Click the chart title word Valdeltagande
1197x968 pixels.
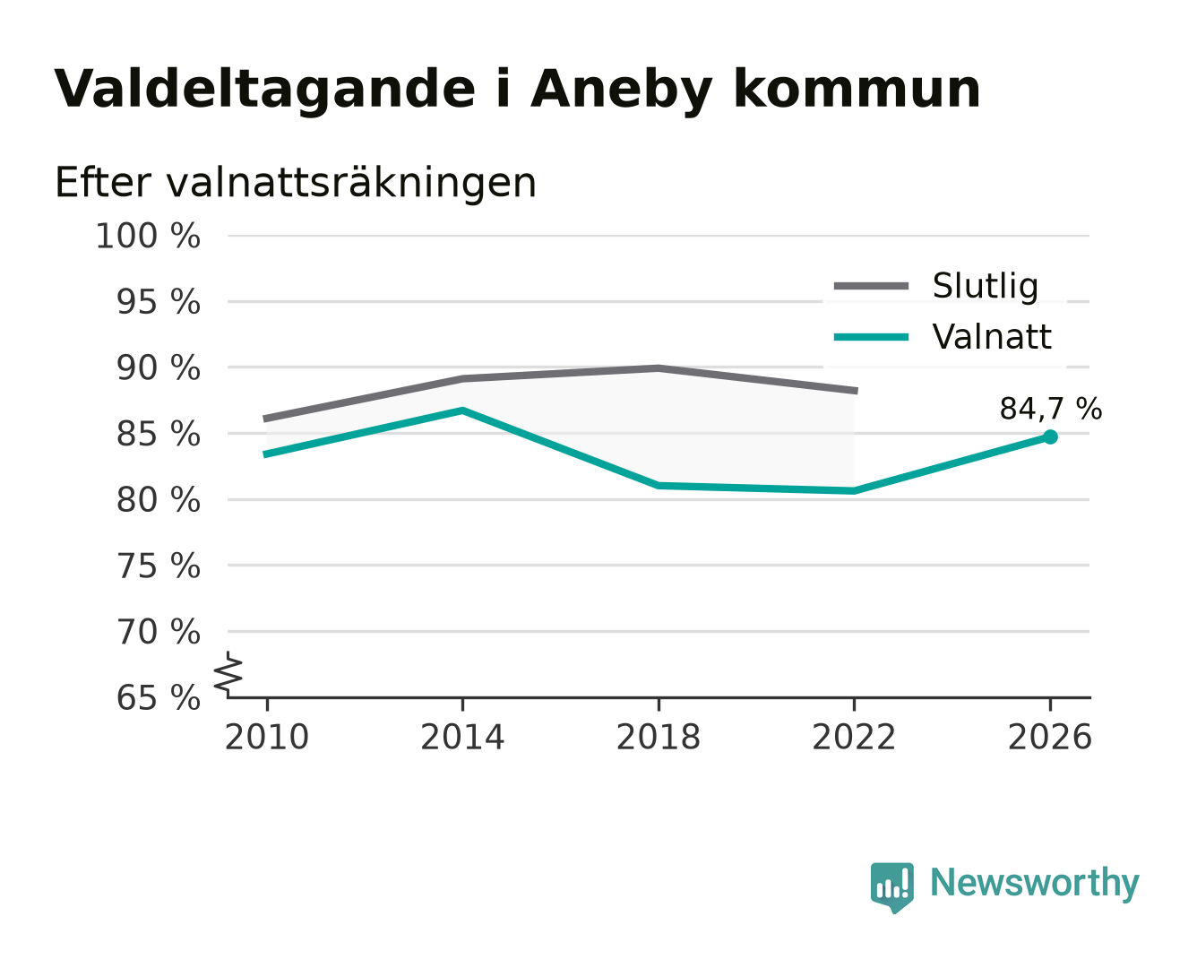264,90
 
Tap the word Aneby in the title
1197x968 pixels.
621,90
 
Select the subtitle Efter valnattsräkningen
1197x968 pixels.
296,183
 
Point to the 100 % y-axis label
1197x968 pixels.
148,236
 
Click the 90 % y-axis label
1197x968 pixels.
158,368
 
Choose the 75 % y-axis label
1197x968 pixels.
158,566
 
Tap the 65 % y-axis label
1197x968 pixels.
158,697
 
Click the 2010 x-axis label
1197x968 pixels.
267,737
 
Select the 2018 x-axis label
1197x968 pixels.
658,737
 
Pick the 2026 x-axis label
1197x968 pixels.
1049,737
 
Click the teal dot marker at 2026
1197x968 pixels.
1050,436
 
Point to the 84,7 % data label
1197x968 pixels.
1050,408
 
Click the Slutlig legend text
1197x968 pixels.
985,286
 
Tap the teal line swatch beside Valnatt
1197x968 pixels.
871,337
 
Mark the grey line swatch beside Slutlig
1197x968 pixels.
871,286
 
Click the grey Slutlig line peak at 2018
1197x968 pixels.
658,368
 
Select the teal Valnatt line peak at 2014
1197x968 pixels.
462,411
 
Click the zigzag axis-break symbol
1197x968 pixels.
228,673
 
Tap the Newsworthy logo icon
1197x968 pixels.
891,887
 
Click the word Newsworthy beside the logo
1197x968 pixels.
1035,883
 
